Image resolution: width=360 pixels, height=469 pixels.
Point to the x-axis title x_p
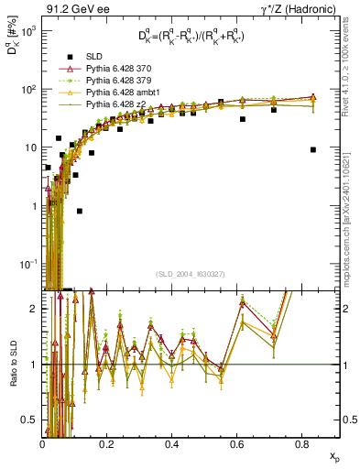click(333, 455)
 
